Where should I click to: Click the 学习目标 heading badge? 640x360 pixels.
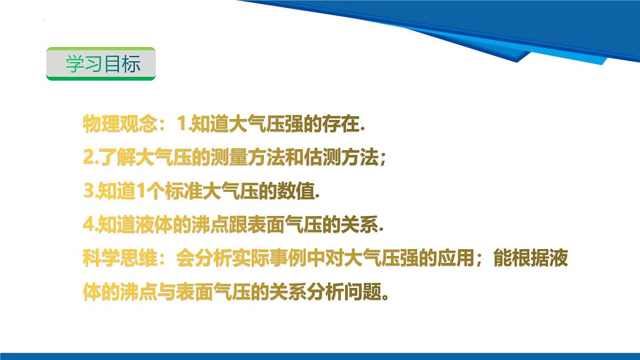point(101,64)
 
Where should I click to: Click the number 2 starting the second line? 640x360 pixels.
point(88,157)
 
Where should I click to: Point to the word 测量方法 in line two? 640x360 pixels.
point(241,157)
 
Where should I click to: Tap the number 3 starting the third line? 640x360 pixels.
point(89,191)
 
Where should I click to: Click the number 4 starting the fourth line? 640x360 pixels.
point(89,225)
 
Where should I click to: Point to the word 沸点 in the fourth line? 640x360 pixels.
point(202,225)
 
